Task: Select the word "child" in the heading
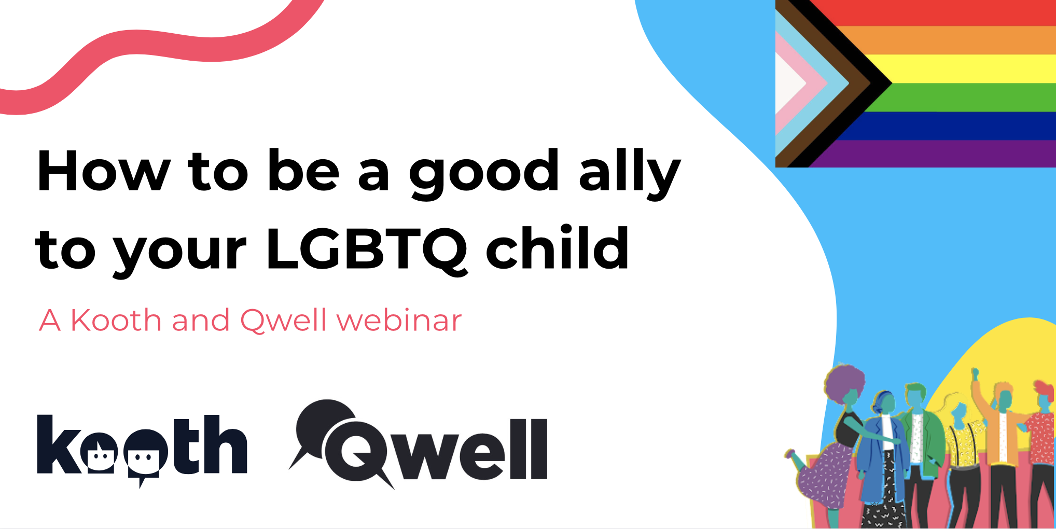pos(558,247)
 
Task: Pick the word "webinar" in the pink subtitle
pos(399,320)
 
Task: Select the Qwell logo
pos(418,444)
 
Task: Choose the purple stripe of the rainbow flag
pos(934,154)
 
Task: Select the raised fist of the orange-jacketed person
pos(975,373)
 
